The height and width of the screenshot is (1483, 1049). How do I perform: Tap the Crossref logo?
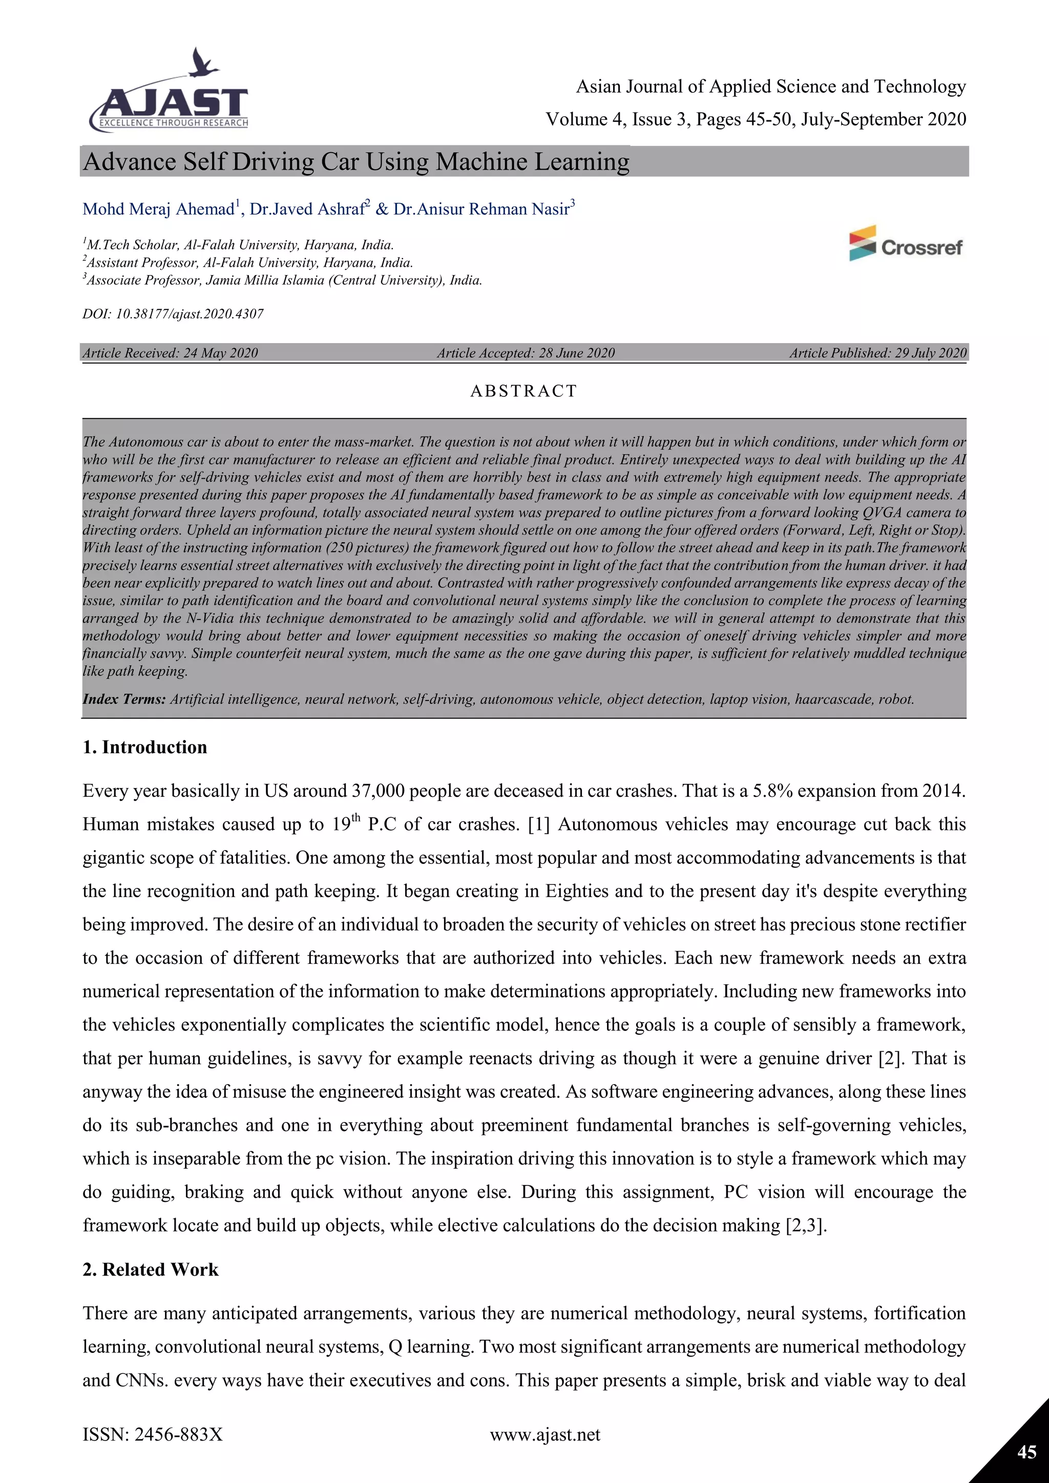(906, 244)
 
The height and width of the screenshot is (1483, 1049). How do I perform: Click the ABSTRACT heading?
(523, 391)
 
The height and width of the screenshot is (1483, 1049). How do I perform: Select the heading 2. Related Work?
(151, 1269)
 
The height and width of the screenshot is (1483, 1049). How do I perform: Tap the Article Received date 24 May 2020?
(220, 353)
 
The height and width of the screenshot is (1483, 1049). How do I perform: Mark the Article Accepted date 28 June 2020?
(576, 353)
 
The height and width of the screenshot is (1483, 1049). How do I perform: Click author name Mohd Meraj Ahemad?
(158, 209)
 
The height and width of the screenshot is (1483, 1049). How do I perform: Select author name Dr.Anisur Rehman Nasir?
(481, 209)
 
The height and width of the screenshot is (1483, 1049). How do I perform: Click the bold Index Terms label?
(124, 699)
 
